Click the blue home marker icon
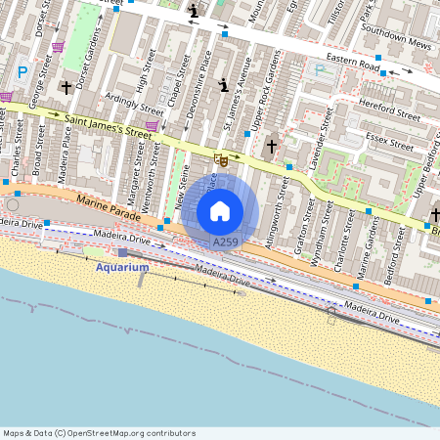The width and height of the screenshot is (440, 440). (x=220, y=210)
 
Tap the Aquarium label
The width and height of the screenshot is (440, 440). (x=122, y=267)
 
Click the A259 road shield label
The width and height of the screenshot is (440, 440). (x=225, y=241)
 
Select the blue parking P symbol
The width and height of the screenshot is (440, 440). (x=22, y=71)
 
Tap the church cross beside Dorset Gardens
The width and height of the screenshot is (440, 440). (x=66, y=87)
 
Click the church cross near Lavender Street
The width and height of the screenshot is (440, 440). (x=272, y=147)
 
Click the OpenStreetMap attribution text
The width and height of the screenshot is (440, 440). (x=99, y=432)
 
